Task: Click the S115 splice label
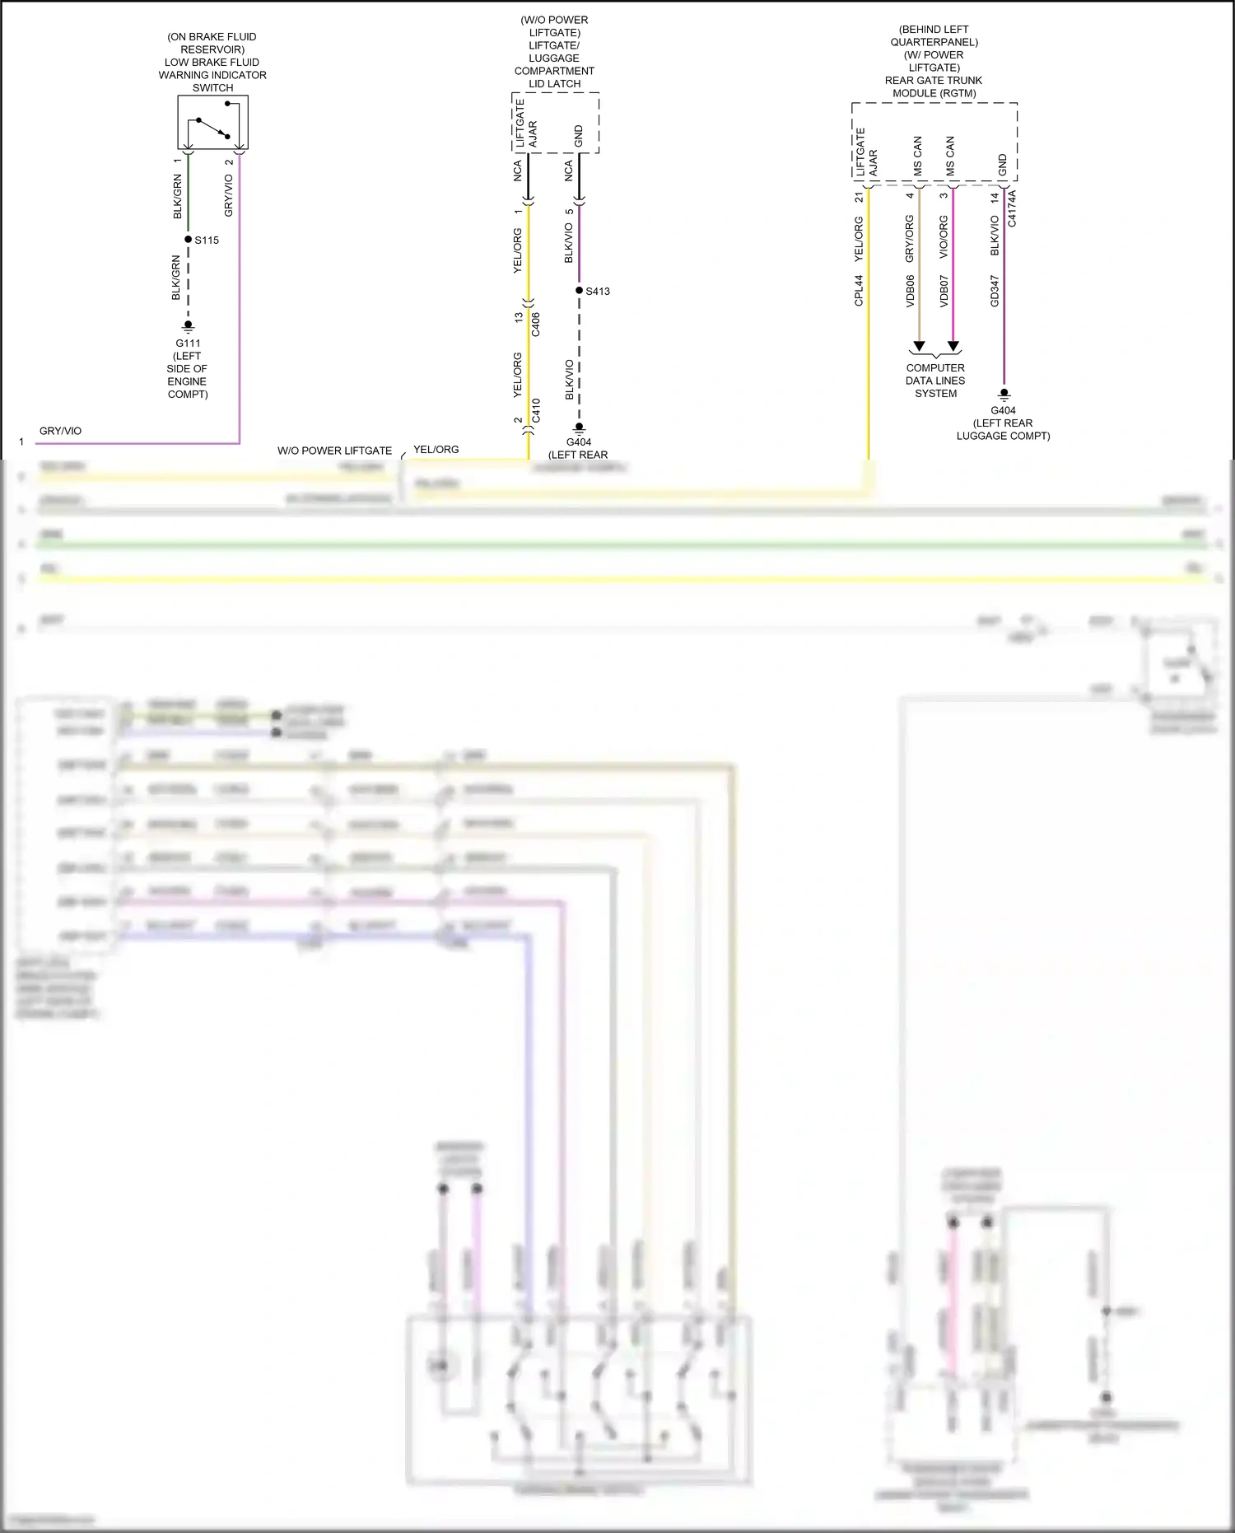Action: [207, 241]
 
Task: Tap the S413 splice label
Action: [598, 292]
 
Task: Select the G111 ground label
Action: [188, 344]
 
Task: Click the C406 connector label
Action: [536, 324]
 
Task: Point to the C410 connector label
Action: [536, 410]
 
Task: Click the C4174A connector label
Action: [1012, 208]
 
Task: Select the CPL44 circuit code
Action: [859, 291]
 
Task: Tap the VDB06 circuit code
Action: [910, 291]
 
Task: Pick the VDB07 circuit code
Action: [944, 291]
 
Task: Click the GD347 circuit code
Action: [995, 291]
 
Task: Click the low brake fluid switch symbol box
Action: [212, 122]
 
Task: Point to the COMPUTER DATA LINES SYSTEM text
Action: [935, 381]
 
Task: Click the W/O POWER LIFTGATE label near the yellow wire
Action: [334, 451]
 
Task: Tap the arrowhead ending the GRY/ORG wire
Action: [919, 346]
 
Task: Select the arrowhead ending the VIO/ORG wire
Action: [953, 346]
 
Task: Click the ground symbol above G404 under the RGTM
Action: [1004, 394]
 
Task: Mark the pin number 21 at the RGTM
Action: [859, 197]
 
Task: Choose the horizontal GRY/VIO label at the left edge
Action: [61, 431]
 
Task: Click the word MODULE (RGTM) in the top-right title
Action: [934, 93]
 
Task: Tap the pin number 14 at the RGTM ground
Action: [995, 198]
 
